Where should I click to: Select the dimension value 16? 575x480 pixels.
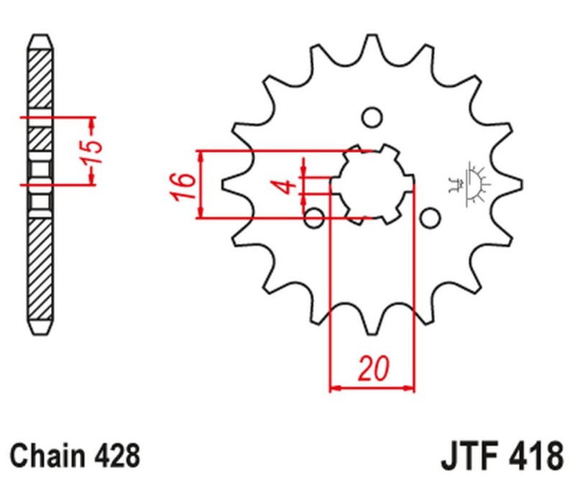184,185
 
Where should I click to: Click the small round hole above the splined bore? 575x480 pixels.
372,117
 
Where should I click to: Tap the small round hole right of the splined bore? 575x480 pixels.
429,217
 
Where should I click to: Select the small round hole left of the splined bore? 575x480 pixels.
314,217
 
